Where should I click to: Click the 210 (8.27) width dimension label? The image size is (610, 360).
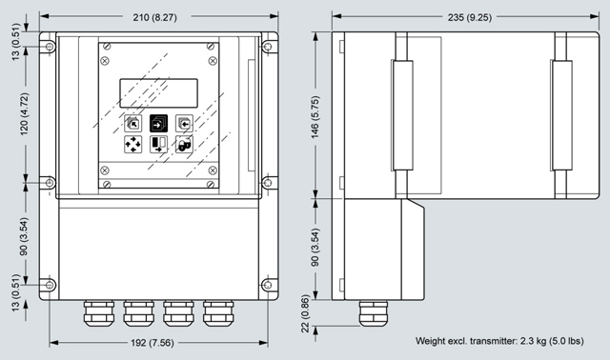[x=154, y=17]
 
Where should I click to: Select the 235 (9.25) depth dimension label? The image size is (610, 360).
[x=470, y=17]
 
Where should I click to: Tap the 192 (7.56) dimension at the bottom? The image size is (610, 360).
[x=152, y=343]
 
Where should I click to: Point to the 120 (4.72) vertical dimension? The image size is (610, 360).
[x=24, y=114]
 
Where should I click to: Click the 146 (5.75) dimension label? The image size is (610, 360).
[x=315, y=117]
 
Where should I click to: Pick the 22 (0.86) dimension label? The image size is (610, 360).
[x=305, y=313]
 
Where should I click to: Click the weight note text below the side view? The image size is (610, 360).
[x=499, y=341]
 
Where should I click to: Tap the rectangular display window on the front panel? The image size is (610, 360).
[x=159, y=93]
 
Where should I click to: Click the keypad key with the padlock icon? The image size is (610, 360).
[x=184, y=144]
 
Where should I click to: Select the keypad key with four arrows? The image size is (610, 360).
[x=133, y=144]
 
